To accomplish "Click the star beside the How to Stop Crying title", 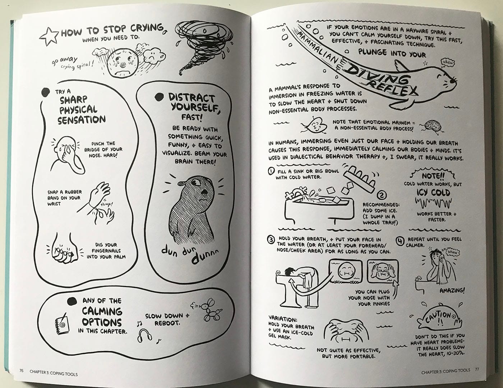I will click(x=49, y=36).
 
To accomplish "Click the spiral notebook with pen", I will click(x=61, y=322).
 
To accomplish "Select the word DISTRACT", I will click(x=192, y=98).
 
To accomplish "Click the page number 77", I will click(x=477, y=370).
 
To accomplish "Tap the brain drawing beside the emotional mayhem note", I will click(x=433, y=125).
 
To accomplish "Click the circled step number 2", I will click(x=381, y=195).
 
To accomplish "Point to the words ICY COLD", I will click(x=433, y=193).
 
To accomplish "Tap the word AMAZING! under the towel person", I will click(x=452, y=290).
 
